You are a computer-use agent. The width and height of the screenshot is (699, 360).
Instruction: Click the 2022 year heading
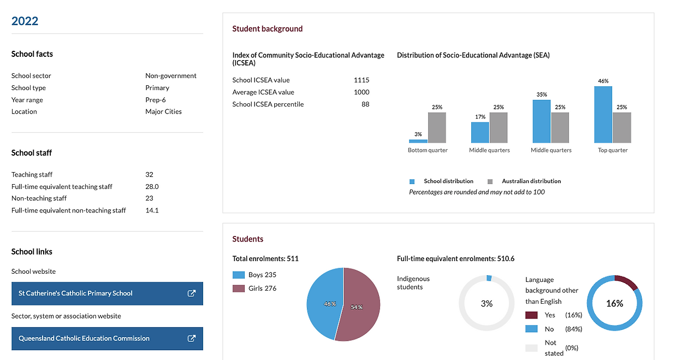click(x=25, y=21)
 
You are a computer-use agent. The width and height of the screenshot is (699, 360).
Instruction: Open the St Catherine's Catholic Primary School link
click(x=107, y=293)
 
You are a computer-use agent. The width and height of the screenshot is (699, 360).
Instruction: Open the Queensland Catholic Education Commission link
click(x=107, y=339)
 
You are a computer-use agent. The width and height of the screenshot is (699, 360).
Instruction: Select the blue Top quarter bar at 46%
click(x=603, y=115)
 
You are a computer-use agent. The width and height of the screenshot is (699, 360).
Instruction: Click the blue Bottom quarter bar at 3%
click(x=418, y=141)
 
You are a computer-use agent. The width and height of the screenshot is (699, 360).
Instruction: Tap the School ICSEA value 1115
click(x=361, y=80)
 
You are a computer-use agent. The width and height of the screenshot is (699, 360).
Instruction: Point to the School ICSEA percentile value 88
click(x=365, y=104)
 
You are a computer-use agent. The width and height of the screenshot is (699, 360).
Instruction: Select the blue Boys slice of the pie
click(x=325, y=303)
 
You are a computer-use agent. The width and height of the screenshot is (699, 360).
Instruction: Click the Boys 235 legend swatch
click(x=239, y=275)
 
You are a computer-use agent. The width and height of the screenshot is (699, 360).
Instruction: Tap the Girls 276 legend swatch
click(x=239, y=288)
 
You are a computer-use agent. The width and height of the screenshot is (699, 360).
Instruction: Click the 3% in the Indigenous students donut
click(x=487, y=304)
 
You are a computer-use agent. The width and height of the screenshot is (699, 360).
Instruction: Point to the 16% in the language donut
click(x=614, y=304)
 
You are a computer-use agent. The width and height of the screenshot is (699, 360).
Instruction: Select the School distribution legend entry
click(x=442, y=181)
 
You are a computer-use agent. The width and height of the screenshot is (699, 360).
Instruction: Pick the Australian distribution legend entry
click(x=524, y=181)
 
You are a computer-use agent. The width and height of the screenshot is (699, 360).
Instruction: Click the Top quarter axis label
click(x=613, y=150)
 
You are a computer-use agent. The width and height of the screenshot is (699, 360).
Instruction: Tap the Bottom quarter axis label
click(x=428, y=150)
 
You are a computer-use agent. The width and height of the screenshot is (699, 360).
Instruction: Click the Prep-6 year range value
click(x=156, y=100)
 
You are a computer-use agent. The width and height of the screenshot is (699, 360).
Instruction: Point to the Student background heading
click(x=268, y=29)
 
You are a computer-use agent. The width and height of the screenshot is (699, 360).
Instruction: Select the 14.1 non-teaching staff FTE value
click(x=152, y=210)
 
